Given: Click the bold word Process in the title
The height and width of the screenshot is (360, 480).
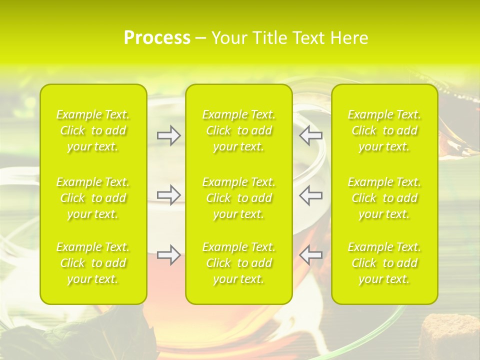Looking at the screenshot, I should pyautogui.click(x=157, y=38).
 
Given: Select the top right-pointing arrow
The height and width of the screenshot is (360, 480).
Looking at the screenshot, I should pyautogui.click(x=168, y=135).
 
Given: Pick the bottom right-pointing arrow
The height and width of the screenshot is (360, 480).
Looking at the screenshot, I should pyautogui.click(x=168, y=255).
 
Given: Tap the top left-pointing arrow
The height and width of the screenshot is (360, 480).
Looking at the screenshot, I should pyautogui.click(x=311, y=135).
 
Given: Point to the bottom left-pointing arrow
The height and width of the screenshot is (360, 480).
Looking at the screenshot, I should pyautogui.click(x=311, y=255).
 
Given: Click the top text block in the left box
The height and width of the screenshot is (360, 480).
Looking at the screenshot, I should pyautogui.click(x=93, y=130).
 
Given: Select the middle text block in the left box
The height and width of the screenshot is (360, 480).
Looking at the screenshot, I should pyautogui.click(x=93, y=198).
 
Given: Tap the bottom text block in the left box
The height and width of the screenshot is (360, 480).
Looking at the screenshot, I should pyautogui.click(x=93, y=263).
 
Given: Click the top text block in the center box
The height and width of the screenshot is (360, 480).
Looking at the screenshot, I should pyautogui.click(x=239, y=130).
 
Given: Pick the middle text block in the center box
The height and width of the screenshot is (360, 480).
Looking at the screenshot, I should pyautogui.click(x=239, y=198).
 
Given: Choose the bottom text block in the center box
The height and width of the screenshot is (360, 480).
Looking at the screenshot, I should pyautogui.click(x=239, y=263).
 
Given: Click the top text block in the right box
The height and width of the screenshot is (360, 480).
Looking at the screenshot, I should pyautogui.click(x=384, y=130).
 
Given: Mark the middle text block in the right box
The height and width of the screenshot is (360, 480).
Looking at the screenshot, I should pyautogui.click(x=384, y=198).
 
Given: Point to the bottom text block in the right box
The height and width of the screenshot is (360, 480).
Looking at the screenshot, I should pyautogui.click(x=384, y=263).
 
